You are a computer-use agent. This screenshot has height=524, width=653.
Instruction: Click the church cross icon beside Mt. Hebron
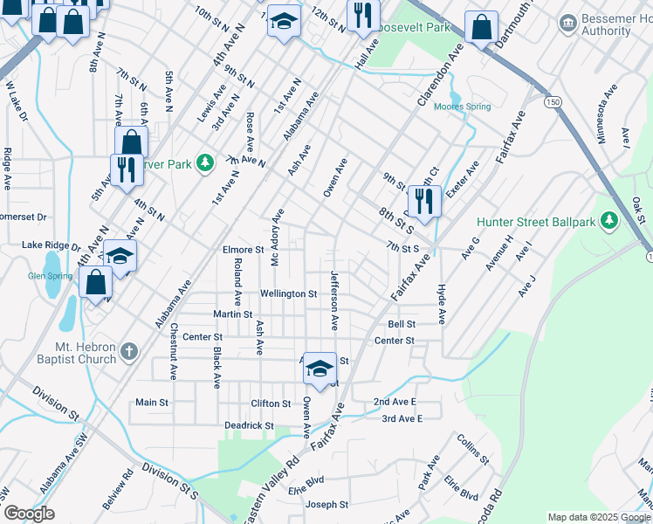(x=129, y=352)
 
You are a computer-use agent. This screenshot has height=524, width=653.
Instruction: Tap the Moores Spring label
(x=464, y=107)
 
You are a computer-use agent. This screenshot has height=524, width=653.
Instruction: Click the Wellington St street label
(x=288, y=294)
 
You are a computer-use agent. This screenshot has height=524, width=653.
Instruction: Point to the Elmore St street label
(x=244, y=250)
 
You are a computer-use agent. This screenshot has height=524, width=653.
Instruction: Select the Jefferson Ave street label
(x=334, y=300)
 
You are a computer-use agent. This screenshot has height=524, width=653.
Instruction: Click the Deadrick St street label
(x=249, y=425)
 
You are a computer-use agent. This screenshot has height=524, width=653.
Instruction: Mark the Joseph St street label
(x=326, y=505)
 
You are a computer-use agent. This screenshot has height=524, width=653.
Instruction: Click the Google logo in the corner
(x=29, y=513)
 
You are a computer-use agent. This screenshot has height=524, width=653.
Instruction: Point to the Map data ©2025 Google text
(x=599, y=517)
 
